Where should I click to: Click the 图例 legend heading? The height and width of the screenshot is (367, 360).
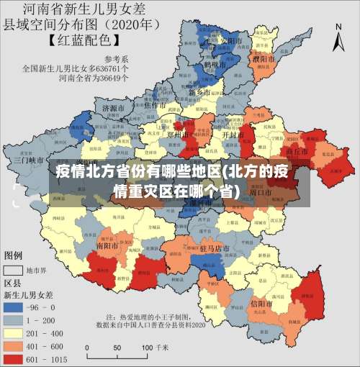point(14,255)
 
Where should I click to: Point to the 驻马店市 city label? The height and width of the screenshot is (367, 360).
point(214,248)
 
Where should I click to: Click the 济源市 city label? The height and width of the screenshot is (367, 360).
point(115,108)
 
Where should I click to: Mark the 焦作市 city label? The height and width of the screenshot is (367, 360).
point(156,105)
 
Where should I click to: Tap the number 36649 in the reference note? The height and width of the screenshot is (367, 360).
point(101,78)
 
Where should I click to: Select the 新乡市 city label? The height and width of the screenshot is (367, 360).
point(198,93)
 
